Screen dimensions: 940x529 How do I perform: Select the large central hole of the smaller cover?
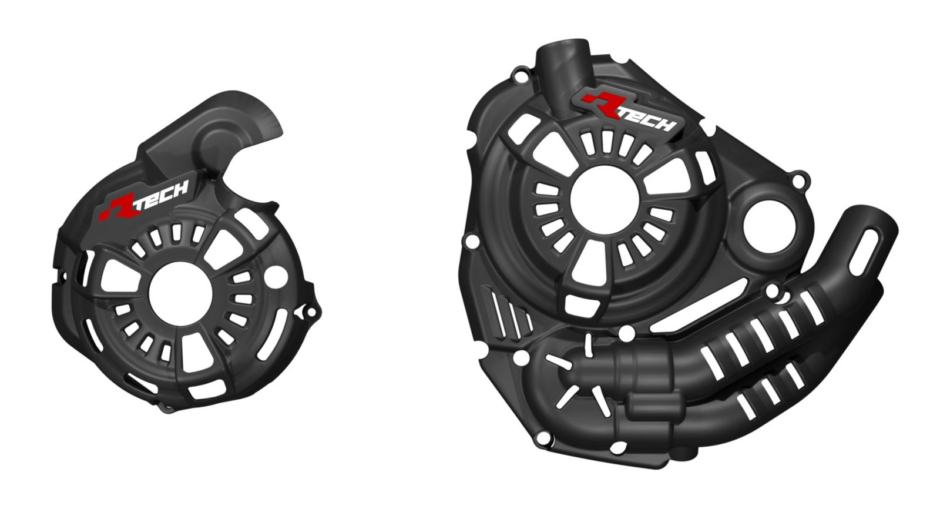180,293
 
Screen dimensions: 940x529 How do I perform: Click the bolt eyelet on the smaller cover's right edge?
311,313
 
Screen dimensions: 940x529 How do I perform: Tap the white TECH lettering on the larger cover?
649,119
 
